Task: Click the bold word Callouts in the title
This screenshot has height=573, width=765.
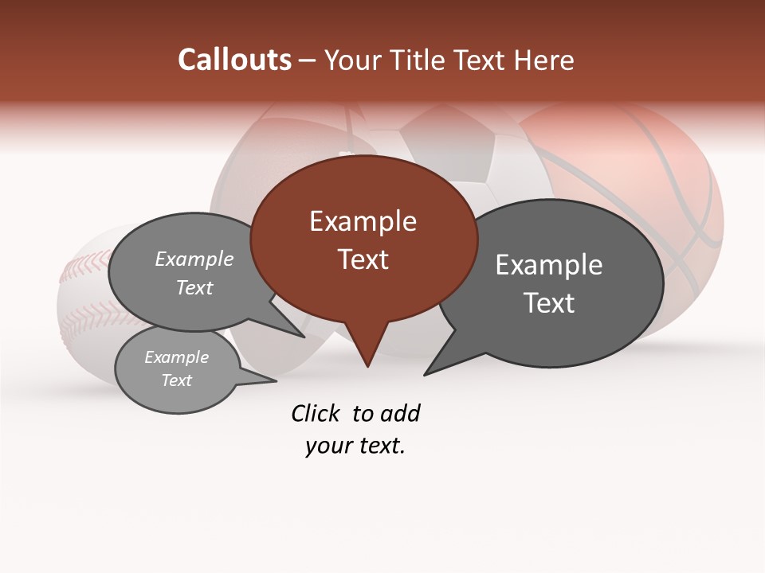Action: (x=234, y=60)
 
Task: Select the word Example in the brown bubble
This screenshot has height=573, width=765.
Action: (x=363, y=221)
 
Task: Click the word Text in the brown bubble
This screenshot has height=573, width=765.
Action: (x=363, y=259)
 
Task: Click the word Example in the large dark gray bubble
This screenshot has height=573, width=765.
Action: (x=548, y=265)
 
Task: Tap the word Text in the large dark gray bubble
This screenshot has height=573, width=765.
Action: (x=549, y=303)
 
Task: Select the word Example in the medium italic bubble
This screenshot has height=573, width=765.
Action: (x=194, y=259)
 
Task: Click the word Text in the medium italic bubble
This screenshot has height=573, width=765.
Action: (x=194, y=287)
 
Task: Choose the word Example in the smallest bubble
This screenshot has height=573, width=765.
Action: (x=176, y=357)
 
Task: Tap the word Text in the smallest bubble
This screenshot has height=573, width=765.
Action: (x=176, y=380)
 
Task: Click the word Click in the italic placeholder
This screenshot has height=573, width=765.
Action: (x=316, y=413)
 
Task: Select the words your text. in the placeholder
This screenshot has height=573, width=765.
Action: (x=355, y=446)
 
